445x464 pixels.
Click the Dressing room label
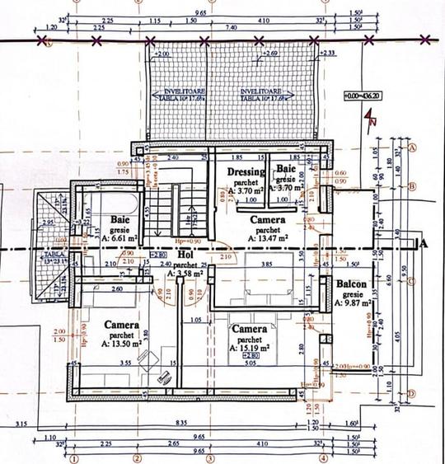click(246, 171)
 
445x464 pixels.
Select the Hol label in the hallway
click(184, 255)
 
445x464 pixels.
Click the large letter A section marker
click(424, 243)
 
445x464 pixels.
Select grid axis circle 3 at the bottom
click(210, 458)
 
